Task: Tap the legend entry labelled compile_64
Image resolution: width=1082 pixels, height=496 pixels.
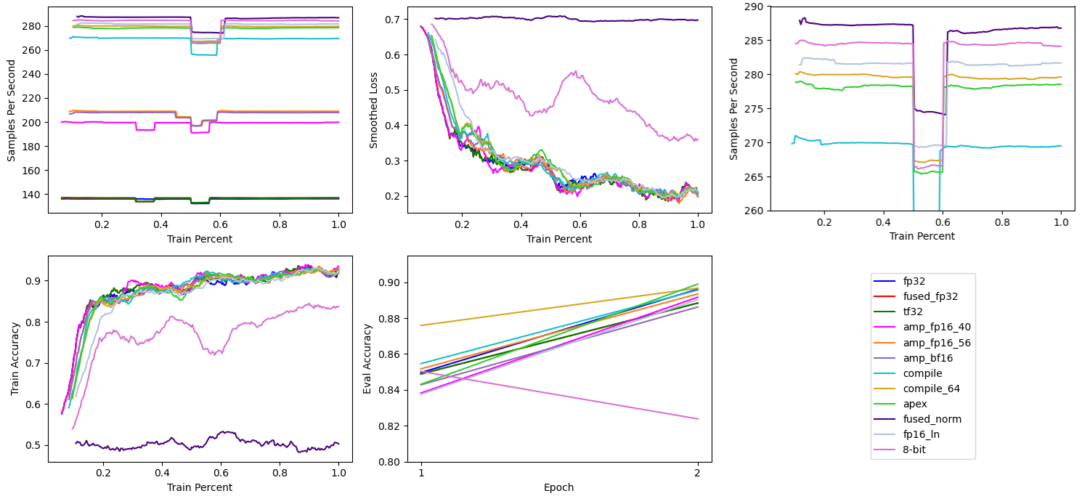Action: [x=932, y=389]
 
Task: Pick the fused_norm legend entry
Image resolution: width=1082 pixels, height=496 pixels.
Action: [x=932, y=419]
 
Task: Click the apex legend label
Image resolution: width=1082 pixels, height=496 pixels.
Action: [x=916, y=404]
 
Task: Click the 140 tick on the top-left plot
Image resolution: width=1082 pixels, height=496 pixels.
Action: [x=35, y=195]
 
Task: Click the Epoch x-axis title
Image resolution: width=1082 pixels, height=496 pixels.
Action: [x=559, y=487]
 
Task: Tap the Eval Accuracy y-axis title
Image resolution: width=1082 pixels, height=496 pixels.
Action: [x=368, y=359]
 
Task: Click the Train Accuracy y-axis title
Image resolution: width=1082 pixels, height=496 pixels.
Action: [x=15, y=359]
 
